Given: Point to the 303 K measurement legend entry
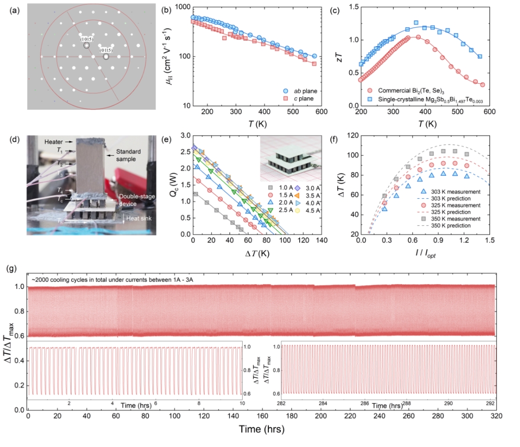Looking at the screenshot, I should [452, 192].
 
